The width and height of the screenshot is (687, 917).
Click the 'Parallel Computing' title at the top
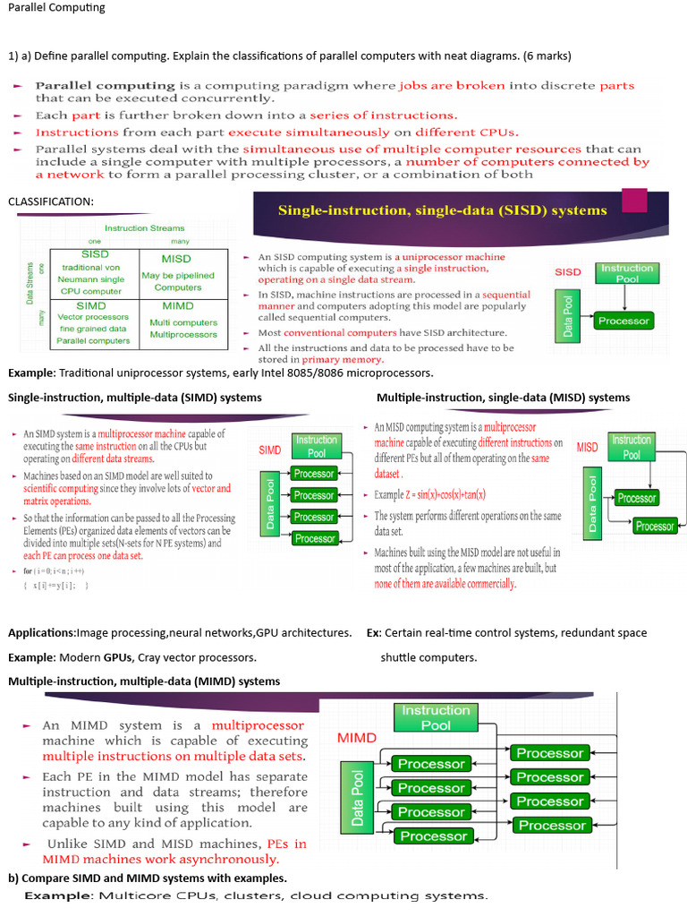[x=56, y=8]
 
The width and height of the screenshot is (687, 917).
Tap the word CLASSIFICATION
[x=50, y=201]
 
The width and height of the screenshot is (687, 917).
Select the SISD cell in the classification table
[x=94, y=272]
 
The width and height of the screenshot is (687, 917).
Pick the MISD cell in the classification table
[x=177, y=272]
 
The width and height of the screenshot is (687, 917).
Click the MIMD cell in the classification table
[x=177, y=321]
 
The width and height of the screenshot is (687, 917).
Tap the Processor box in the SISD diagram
[x=623, y=320]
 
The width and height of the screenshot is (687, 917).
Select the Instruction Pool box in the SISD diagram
[x=626, y=273]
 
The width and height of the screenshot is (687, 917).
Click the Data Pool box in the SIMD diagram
[x=270, y=504]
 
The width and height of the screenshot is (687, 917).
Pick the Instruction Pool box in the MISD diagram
[x=632, y=447]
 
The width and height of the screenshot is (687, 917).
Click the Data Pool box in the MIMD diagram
[x=359, y=798]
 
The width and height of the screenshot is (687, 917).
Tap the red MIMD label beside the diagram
[x=356, y=739]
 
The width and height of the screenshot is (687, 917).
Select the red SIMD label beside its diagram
[x=271, y=450]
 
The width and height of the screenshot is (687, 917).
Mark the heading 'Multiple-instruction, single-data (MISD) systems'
[x=503, y=398]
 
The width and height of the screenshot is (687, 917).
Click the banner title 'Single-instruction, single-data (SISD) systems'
[x=442, y=211]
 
